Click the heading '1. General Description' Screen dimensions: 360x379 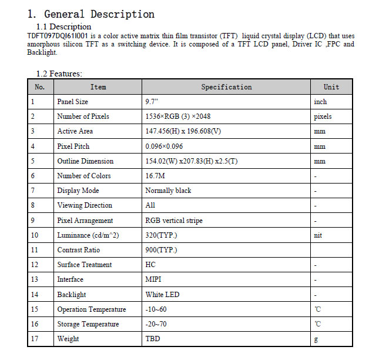pyautogui.click(x=91, y=14)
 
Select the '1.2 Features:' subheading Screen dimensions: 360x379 pyautogui.click(x=59, y=74)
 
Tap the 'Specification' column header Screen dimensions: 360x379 pyautogui.click(x=226, y=87)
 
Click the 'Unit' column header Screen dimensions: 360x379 pyautogui.click(x=331, y=87)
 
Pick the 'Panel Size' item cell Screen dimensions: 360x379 pyautogui.click(x=72, y=102)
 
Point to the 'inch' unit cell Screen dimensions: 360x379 pyautogui.click(x=320, y=102)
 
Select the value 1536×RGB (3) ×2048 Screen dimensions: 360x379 pyautogui.click(x=177, y=116)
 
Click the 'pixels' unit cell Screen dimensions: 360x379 pyautogui.click(x=323, y=116)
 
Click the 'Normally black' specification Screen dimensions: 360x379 pyautogui.click(x=168, y=191)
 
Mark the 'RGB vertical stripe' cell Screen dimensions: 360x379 pyautogui.click(x=174, y=221)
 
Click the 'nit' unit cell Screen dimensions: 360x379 pyautogui.click(x=318, y=235)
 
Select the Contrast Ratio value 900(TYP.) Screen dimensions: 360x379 pyautogui.click(x=161, y=250)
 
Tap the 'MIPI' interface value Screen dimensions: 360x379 pyautogui.click(x=154, y=279)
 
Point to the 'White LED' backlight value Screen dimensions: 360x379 pyautogui.click(x=162, y=294)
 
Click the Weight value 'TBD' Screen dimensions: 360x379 pyautogui.click(x=152, y=339)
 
